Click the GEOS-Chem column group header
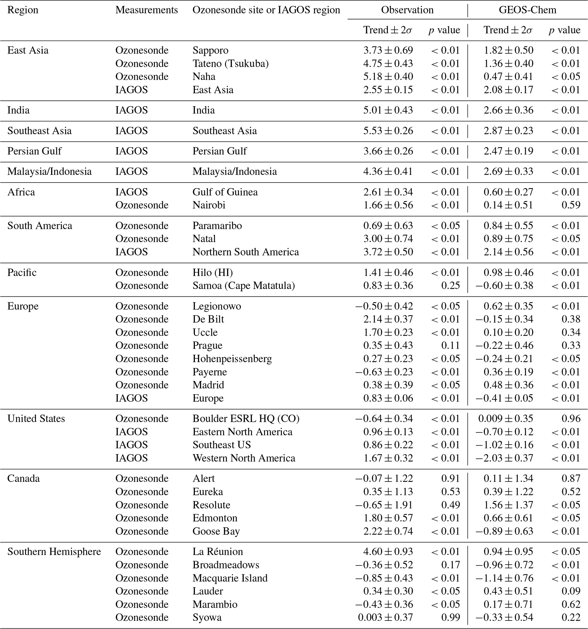(527, 10)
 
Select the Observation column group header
(407, 10)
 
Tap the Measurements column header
(147, 10)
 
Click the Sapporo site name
(210, 50)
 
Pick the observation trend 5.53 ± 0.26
(388, 131)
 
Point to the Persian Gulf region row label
(34, 151)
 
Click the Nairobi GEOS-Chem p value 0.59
(571, 205)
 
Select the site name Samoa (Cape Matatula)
(244, 285)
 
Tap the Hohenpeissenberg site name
(232, 358)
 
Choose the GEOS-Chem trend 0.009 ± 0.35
(506, 418)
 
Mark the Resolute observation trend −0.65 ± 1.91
(384, 505)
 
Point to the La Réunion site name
(218, 552)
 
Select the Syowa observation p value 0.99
(450, 617)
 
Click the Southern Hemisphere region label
(54, 552)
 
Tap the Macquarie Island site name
(230, 578)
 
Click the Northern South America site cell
(245, 252)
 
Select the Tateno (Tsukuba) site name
(231, 64)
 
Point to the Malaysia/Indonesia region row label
(49, 172)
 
